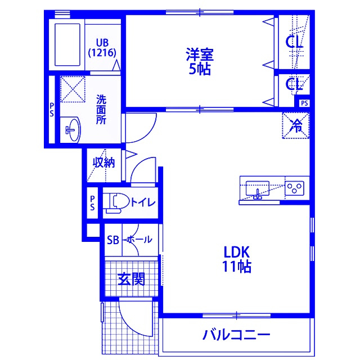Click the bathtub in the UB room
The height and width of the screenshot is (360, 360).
(x=67, y=44)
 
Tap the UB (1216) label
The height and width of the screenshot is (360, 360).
(x=102, y=48)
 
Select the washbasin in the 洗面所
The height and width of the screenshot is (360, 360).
(x=72, y=130)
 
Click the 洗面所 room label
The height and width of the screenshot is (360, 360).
(x=101, y=109)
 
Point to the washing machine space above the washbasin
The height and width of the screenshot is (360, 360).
(x=73, y=89)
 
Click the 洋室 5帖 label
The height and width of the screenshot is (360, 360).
(x=200, y=61)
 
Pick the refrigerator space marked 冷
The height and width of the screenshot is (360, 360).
(x=296, y=125)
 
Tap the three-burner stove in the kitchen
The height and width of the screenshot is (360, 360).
(x=295, y=188)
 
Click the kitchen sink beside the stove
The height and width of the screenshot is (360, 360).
(x=258, y=189)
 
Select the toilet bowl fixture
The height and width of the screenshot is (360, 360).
(x=116, y=202)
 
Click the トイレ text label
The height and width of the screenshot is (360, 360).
(x=143, y=202)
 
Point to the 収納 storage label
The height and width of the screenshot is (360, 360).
(x=103, y=163)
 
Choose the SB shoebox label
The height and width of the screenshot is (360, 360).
(x=113, y=240)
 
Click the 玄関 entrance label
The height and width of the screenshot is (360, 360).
(x=131, y=279)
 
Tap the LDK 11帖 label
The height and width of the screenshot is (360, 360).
(x=236, y=259)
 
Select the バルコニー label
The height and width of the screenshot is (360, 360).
(x=236, y=335)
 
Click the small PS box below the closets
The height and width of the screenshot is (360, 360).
(x=304, y=103)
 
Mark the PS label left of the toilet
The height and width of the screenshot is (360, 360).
(x=92, y=202)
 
